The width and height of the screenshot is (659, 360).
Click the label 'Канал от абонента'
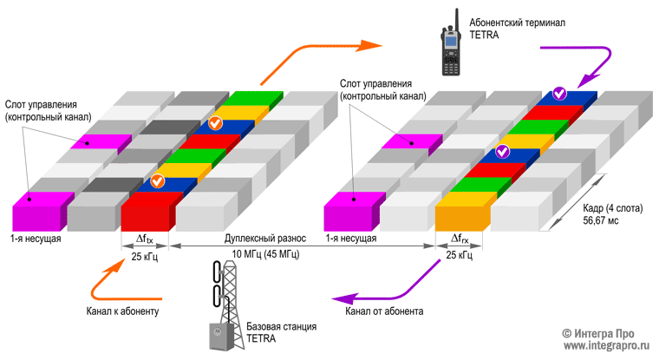pyautogui.click(x=384, y=311)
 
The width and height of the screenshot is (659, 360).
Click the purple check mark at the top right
pyautogui.click(x=561, y=92)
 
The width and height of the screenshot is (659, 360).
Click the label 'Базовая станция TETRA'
pyautogui.click(x=278, y=332)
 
